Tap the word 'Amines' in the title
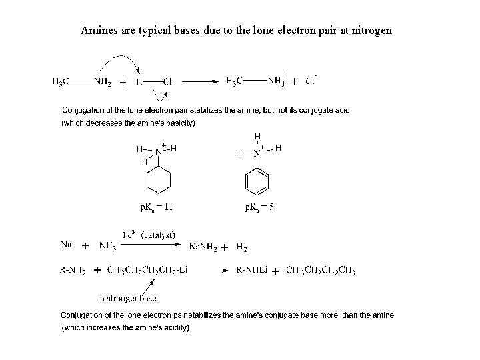pyautogui.click(x=99, y=30)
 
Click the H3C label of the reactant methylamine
pyautogui.click(x=61, y=82)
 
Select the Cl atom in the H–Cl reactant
pyautogui.click(x=167, y=82)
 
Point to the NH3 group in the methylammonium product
pyautogui.click(x=275, y=81)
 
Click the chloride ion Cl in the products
pyautogui.click(x=310, y=81)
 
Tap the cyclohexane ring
pyautogui.click(x=159, y=180)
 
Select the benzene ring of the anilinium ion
pyautogui.click(x=257, y=180)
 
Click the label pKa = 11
pyautogui.click(x=156, y=207)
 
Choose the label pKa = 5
pyautogui.click(x=259, y=207)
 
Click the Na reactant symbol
pyautogui.click(x=67, y=245)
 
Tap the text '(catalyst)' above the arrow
pyautogui.click(x=158, y=235)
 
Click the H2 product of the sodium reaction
pyautogui.click(x=241, y=248)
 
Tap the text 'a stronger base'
pyautogui.click(x=129, y=298)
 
